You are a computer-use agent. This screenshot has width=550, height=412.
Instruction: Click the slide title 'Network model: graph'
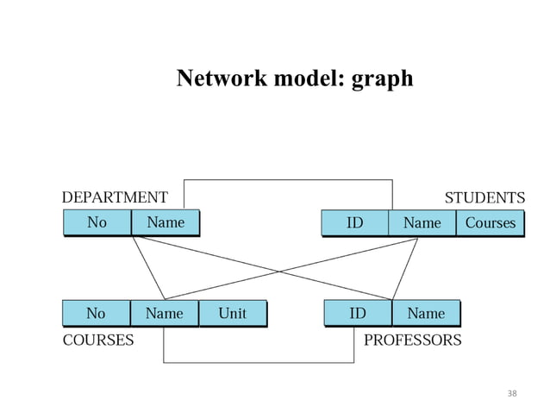coord(295,78)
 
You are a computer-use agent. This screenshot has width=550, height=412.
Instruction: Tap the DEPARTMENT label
coord(115,197)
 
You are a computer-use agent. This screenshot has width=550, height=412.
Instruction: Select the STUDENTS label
coord(484,197)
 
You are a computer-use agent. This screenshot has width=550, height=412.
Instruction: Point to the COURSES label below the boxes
coord(98,340)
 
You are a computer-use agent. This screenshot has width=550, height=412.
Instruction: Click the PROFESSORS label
coord(412,340)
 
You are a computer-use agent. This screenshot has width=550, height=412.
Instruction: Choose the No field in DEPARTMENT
coord(97,222)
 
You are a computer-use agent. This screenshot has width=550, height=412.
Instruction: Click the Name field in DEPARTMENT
coord(165,222)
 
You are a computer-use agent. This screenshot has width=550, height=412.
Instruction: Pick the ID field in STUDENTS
coord(354,223)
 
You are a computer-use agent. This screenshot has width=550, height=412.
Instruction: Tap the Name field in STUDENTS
coord(422,223)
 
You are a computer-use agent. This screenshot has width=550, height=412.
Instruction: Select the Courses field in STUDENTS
coord(490,223)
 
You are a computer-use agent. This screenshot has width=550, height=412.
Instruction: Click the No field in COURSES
coord(96,313)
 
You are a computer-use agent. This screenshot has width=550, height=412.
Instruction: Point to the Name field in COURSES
coord(164,313)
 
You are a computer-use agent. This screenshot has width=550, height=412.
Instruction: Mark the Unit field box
coord(232,313)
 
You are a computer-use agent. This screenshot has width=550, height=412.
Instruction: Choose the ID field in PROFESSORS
coord(357,313)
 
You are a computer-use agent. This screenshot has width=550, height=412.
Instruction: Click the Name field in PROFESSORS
coord(426,313)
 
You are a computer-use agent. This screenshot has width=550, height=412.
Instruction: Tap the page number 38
coord(512,394)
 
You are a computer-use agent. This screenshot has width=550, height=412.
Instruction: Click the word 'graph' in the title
coord(383,79)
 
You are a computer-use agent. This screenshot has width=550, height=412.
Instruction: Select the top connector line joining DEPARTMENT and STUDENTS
coord(288,179)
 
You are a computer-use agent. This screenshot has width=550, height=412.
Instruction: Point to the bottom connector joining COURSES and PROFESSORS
coord(259,363)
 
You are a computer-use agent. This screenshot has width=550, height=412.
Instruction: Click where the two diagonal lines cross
coord(278,272)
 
